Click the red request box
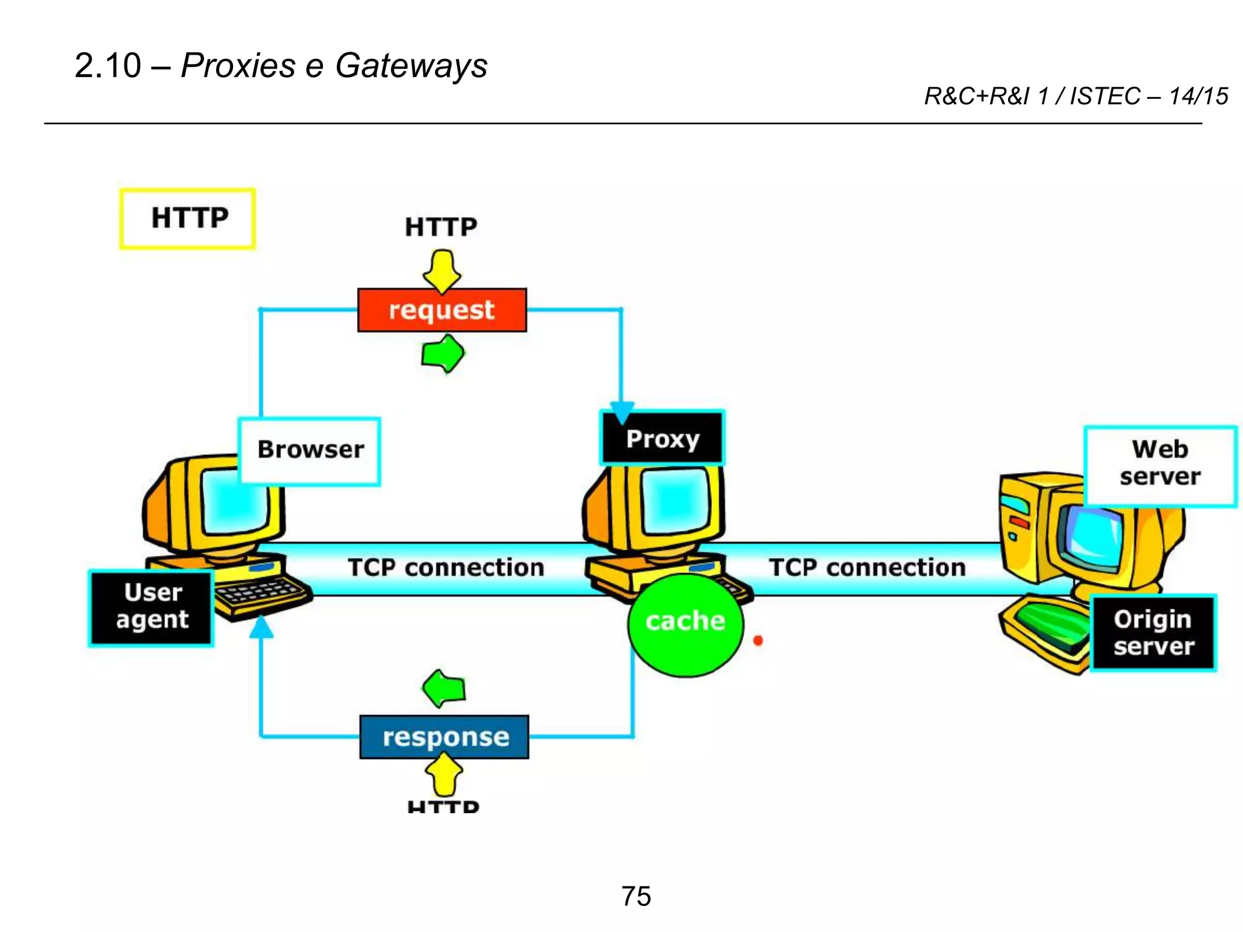click(442, 310)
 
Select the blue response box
click(444, 737)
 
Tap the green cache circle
click(685, 625)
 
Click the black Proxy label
click(663, 439)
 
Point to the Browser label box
click(310, 450)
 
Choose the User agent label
click(152, 607)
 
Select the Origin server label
click(1153, 633)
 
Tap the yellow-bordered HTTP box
click(188, 218)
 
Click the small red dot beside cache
click(758, 640)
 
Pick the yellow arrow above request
click(442, 271)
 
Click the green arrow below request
click(443, 353)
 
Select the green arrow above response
click(444, 689)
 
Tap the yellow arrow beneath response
click(444, 775)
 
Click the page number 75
click(636, 896)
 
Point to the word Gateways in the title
click(411, 66)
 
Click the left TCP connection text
click(446, 567)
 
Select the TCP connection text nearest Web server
click(867, 567)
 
